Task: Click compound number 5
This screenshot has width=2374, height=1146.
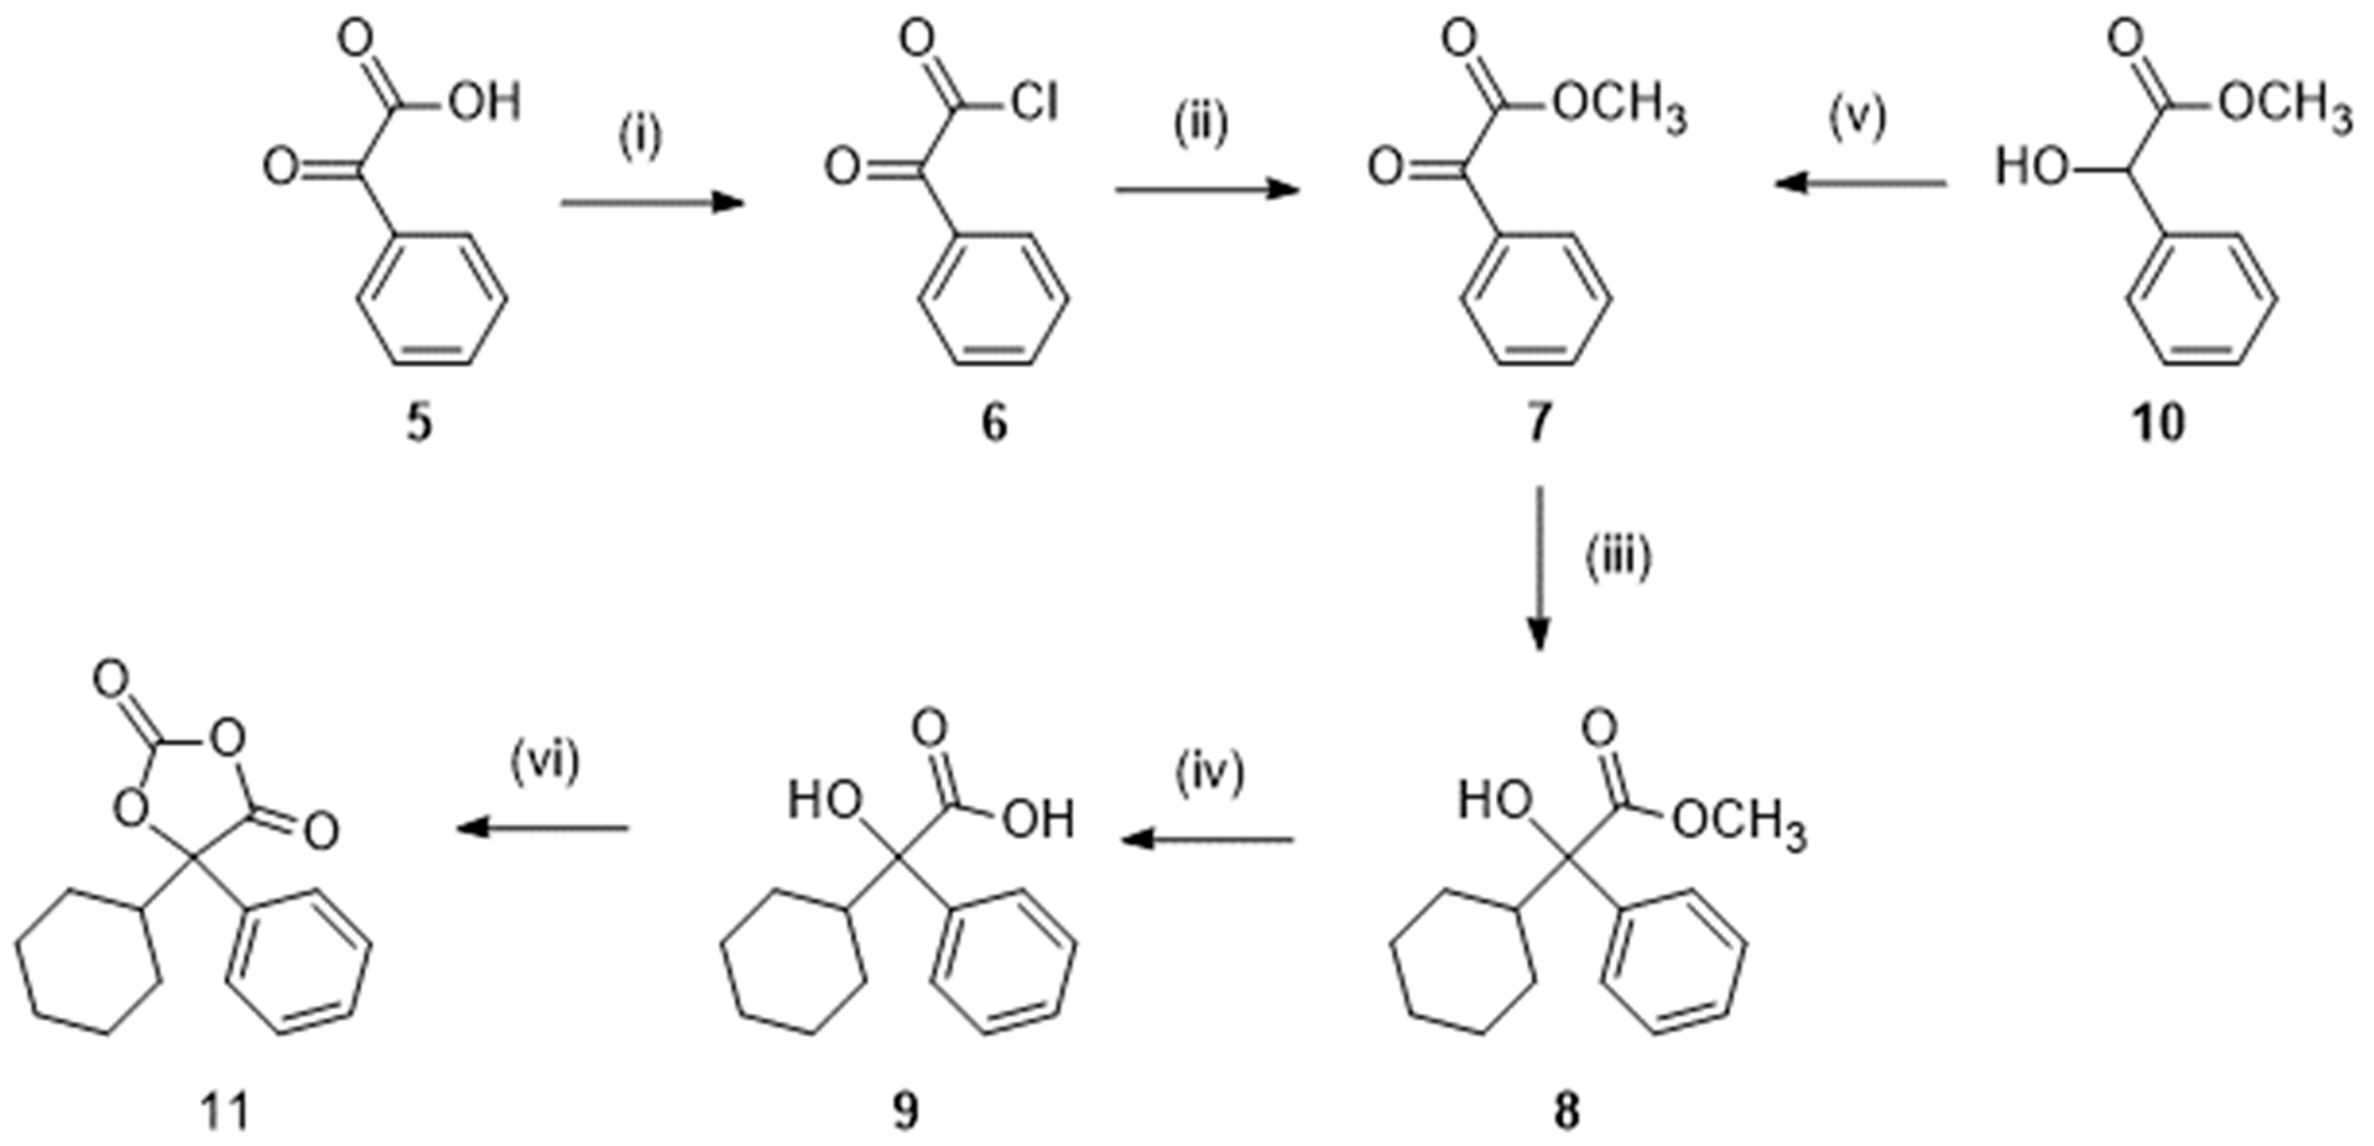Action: pos(419,425)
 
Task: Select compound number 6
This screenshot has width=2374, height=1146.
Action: pos(994,425)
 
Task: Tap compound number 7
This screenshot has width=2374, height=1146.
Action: pos(1538,425)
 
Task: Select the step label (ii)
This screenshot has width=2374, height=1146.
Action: pos(1201,124)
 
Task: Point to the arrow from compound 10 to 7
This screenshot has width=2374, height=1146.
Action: pos(1862,184)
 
